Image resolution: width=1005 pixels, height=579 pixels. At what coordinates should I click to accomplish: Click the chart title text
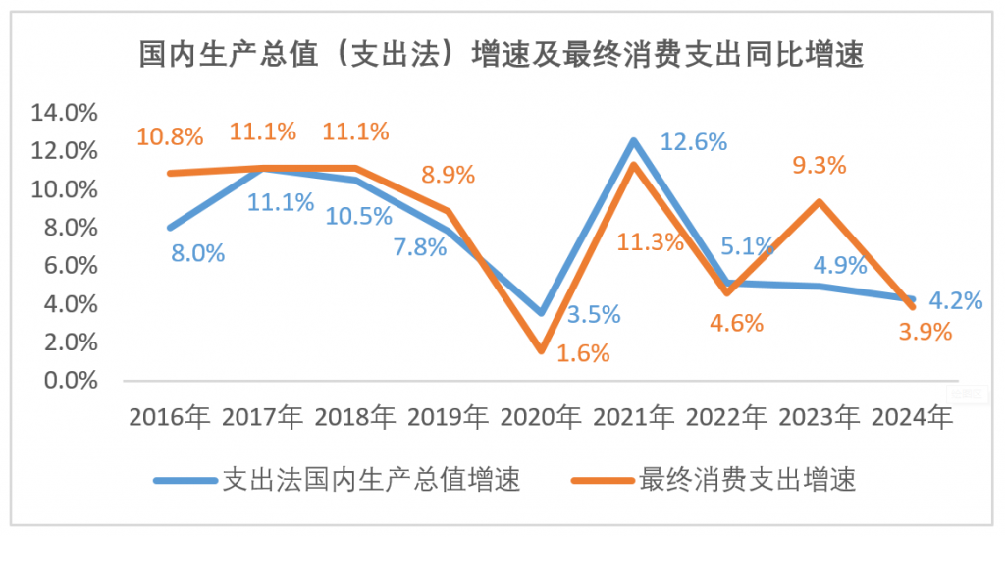pos(502,54)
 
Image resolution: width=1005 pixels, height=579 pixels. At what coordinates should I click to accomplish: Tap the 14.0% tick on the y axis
pos(66,113)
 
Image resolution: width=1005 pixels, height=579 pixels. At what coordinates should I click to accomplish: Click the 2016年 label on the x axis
pos(170,418)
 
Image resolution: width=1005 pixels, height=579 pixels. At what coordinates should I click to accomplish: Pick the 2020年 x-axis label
pos(541,418)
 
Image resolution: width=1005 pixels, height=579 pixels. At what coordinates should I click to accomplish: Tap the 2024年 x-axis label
pos(912,418)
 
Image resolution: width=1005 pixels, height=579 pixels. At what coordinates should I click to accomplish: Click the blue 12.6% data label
pos(693,141)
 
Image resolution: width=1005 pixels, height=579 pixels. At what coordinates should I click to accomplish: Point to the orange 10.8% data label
pos(170,135)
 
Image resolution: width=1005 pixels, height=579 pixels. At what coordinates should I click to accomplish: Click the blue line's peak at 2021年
pos(634,140)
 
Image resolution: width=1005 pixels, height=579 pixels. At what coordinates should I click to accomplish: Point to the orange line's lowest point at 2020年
pos(542,349)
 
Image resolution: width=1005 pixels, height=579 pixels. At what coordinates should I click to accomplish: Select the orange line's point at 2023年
pos(820,202)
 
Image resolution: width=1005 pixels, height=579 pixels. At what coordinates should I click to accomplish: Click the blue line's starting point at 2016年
pos(171,228)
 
